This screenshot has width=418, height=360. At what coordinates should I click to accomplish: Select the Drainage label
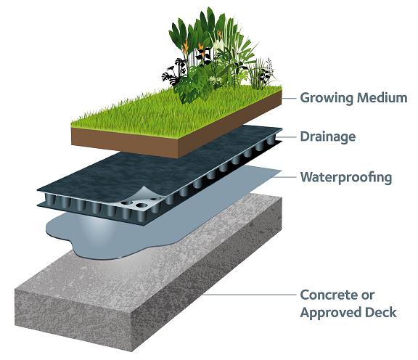327,136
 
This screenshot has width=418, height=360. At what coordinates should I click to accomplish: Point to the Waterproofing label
346,177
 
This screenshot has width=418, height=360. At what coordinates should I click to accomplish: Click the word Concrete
329,295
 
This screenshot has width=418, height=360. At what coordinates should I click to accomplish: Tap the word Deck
381,312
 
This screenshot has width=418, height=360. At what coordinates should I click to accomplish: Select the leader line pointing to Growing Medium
289,99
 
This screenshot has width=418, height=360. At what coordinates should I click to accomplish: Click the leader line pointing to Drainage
286,137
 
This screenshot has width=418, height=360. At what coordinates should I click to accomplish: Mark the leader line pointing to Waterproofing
285,177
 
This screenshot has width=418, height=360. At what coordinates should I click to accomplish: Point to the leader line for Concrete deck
250,295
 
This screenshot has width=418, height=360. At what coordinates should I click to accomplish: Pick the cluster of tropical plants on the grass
217,53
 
